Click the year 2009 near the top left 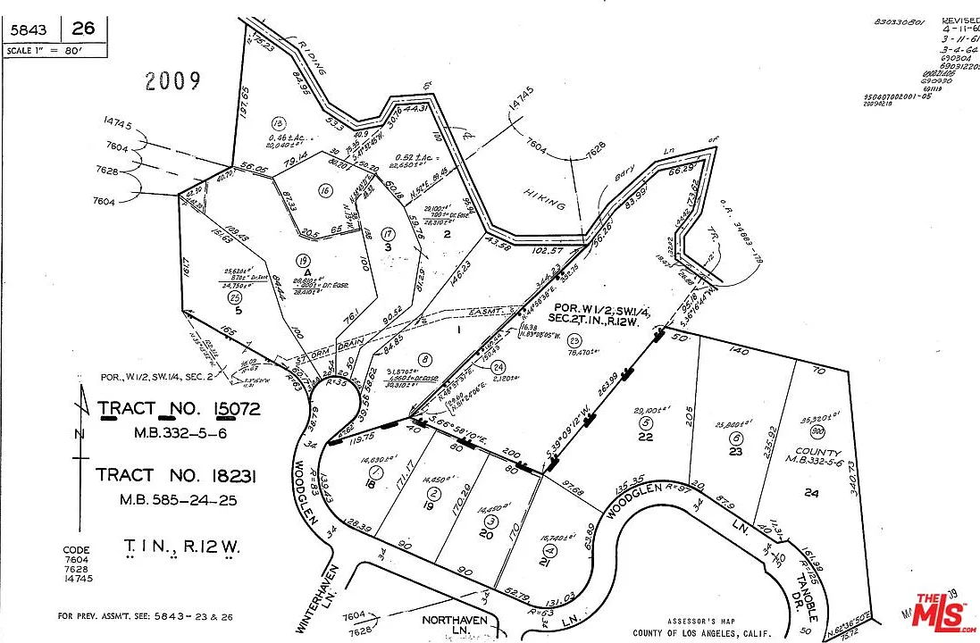tap(173, 82)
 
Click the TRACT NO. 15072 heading tap(179, 410)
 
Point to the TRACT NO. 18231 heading tap(177, 476)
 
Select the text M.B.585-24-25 tap(179, 500)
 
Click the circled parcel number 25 tap(235, 296)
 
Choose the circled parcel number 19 tap(306, 261)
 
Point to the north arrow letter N tap(81, 435)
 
